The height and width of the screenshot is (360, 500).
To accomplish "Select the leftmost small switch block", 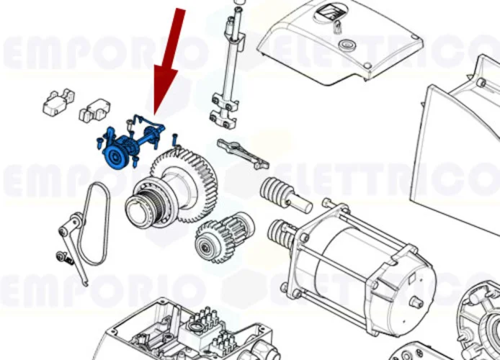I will pos(58,102).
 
